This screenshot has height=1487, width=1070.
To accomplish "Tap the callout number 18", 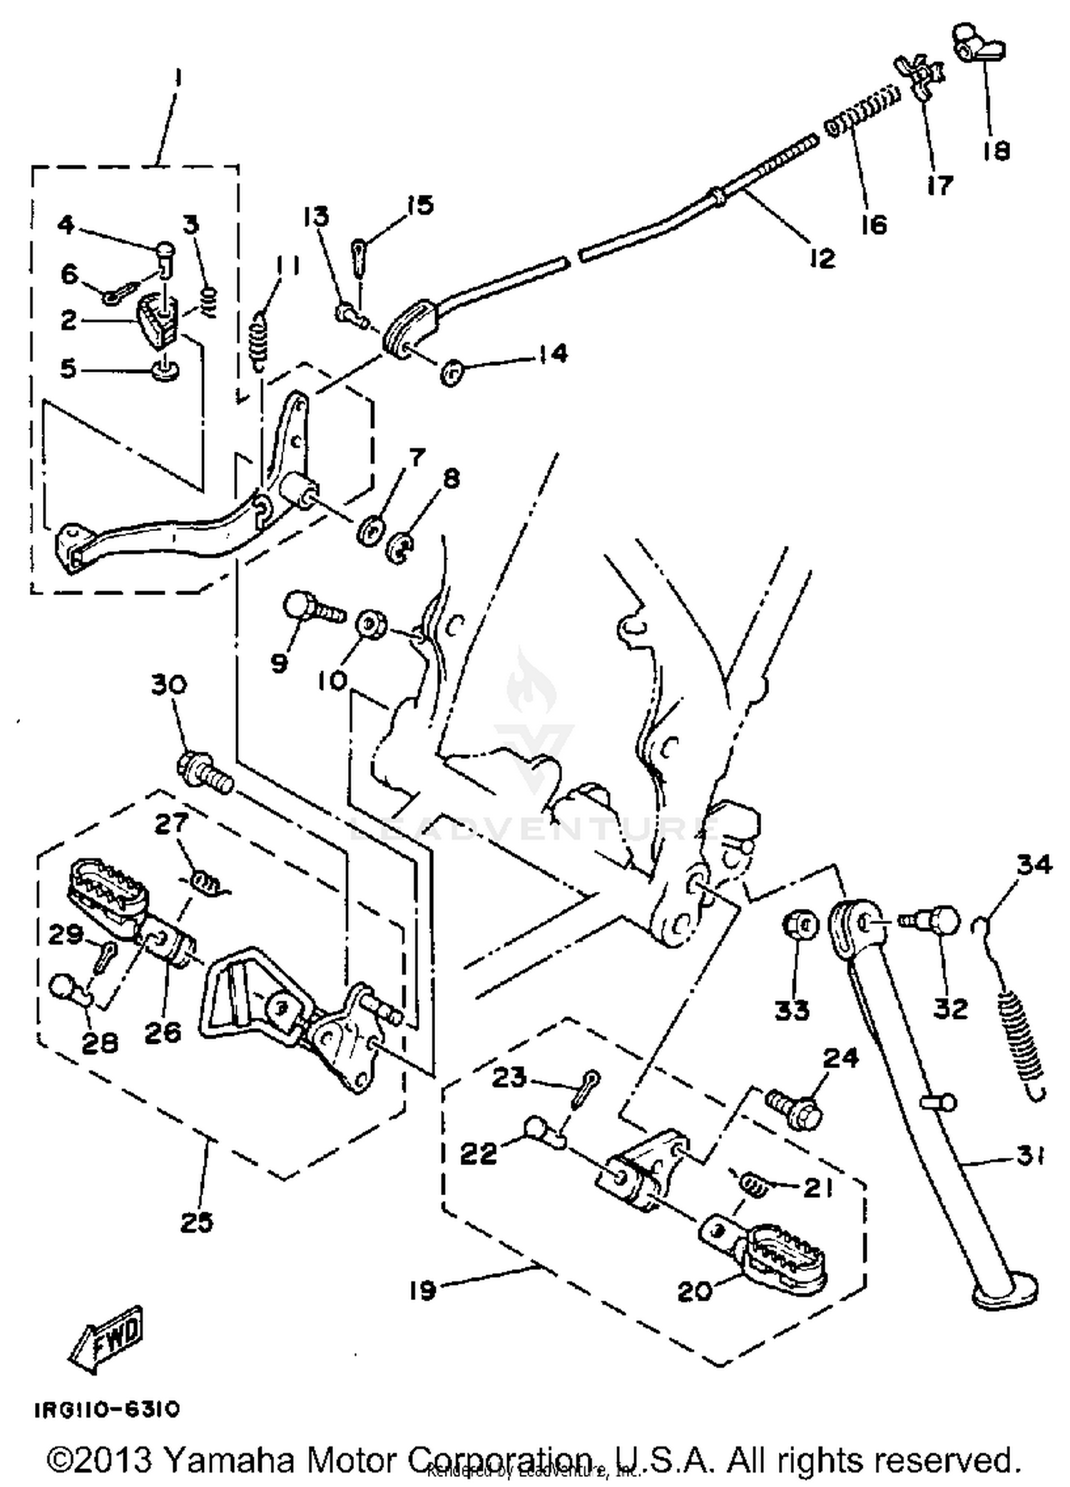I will click(997, 151).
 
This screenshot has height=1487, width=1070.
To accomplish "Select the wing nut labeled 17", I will click(926, 75).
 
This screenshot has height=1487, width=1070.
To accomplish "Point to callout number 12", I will click(822, 258).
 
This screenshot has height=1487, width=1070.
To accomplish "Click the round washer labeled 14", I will click(451, 373).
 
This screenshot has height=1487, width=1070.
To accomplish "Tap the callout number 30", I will click(169, 685).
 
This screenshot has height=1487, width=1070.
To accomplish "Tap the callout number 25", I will click(196, 1223).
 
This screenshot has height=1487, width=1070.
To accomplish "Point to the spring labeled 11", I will click(263, 340).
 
